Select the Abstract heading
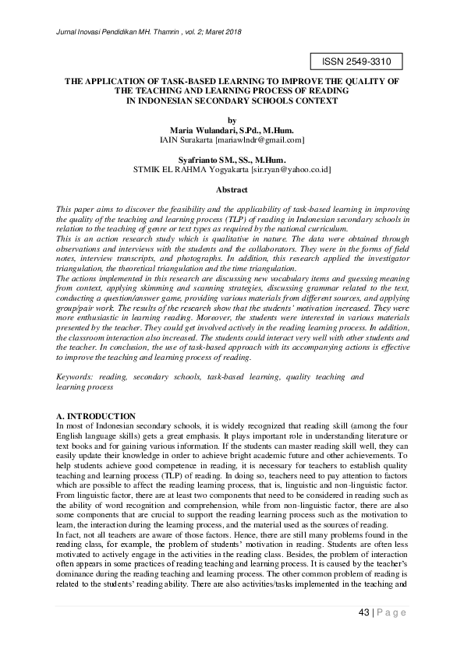[231, 189]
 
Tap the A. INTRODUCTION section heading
[97, 417]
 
